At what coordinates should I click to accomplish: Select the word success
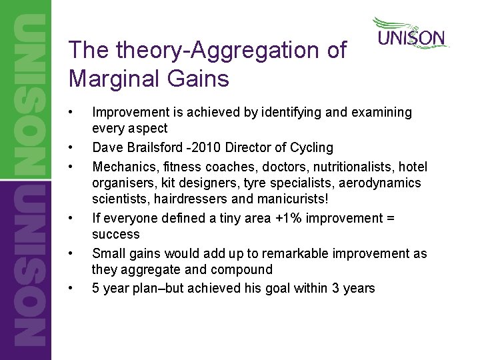tap(116, 235)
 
